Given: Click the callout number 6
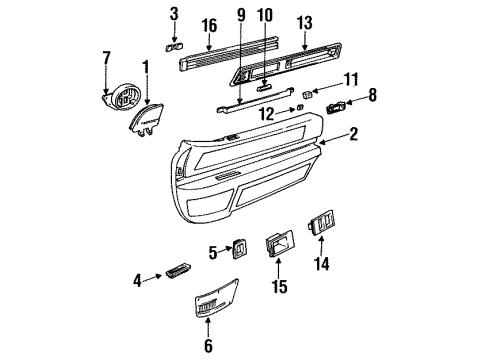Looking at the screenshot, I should [x=207, y=348].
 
